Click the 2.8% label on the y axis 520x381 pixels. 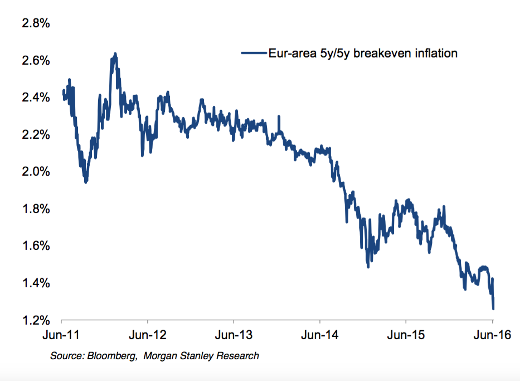click(35, 23)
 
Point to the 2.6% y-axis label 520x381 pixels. click(35, 60)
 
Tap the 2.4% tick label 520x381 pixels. click(35, 98)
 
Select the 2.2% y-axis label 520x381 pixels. click(35, 134)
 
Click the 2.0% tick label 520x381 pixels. click(35, 172)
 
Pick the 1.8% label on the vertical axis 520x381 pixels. click(35, 209)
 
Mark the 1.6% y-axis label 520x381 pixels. click(35, 246)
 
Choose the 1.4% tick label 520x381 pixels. click(35, 283)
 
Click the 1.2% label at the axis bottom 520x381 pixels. click(35, 320)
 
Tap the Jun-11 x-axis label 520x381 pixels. click(61, 336)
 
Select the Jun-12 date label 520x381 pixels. click(147, 336)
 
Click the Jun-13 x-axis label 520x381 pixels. click(234, 336)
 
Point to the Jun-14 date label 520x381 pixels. click(320, 336)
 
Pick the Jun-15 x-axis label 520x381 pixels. click(406, 336)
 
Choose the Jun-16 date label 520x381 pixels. click(492, 336)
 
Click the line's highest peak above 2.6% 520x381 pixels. click(115, 54)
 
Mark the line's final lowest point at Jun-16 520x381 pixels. click(493, 308)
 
